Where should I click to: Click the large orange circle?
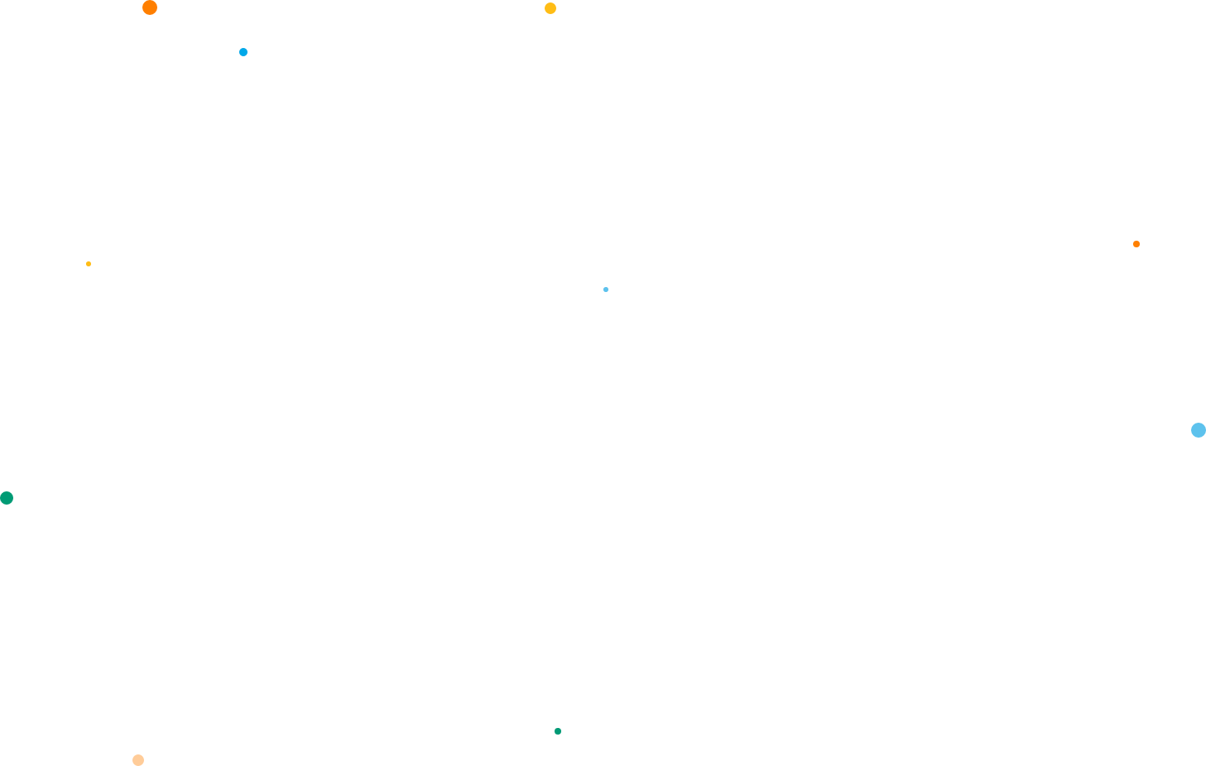150,7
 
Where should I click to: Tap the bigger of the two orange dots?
150,7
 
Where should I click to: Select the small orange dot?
1136,244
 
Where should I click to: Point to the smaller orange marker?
1136,244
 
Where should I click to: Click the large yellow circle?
550,8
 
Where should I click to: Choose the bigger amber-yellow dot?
550,8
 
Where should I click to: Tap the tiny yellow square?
89,264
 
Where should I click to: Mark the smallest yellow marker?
89,264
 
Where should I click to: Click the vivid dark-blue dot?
243,52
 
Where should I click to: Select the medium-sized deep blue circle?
243,52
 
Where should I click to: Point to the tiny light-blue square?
606,290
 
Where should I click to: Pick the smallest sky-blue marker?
606,290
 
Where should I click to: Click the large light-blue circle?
1199,430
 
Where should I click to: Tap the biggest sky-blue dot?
1199,430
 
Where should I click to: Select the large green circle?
7,498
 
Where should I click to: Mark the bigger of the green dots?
7,498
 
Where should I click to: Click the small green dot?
558,731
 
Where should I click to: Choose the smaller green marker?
558,731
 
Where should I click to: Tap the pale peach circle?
138,760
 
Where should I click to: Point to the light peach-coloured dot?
138,760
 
